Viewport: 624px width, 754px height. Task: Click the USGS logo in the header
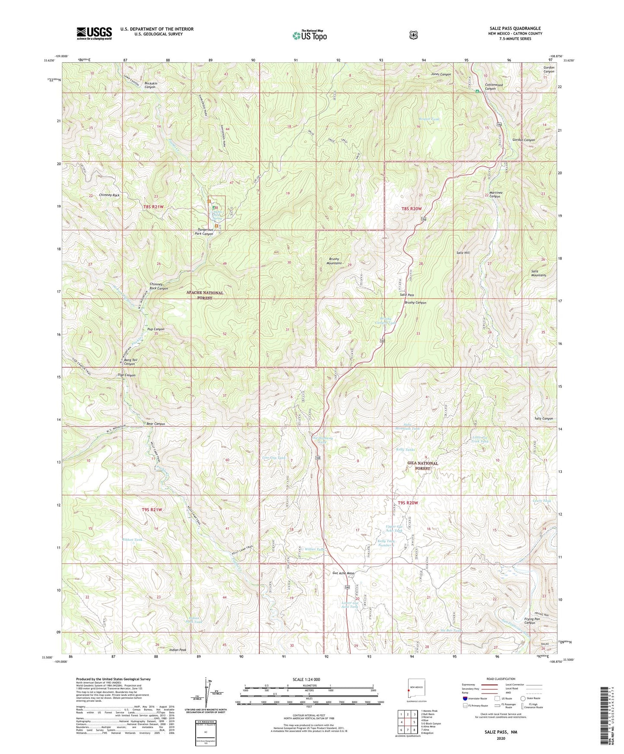[x=94, y=33]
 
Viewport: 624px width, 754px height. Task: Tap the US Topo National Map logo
[x=309, y=35]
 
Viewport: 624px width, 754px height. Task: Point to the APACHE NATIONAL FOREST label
[x=205, y=295]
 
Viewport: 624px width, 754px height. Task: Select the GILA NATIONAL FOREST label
[x=423, y=466]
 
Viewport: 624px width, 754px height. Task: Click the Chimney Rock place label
[x=109, y=195]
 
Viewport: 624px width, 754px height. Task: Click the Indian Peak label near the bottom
[x=178, y=649]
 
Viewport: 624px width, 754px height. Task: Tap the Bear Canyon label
[x=155, y=424]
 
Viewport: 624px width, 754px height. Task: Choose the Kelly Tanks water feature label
[x=405, y=450]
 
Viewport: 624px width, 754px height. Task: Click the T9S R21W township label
[x=152, y=510]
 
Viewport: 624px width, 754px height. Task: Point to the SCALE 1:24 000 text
[x=306, y=679]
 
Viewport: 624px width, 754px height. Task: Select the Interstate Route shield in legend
[x=465, y=698]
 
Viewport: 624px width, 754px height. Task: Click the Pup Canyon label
[x=155, y=329]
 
